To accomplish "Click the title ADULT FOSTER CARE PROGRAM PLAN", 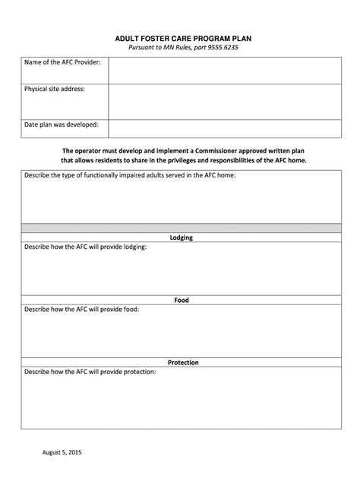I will point(181,36).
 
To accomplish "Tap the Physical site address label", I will point(55,90).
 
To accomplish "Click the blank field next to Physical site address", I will point(223,102).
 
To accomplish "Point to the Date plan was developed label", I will point(62,124).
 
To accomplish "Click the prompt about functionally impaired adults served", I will point(130,175).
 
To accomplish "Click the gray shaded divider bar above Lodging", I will point(181,228).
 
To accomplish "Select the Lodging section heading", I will point(181,237).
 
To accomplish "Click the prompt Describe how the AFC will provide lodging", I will point(86,247).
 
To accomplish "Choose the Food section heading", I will point(181,300).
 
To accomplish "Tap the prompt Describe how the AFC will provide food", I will point(82,309).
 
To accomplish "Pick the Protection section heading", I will point(181,362).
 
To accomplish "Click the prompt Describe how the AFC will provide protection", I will point(90,372).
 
